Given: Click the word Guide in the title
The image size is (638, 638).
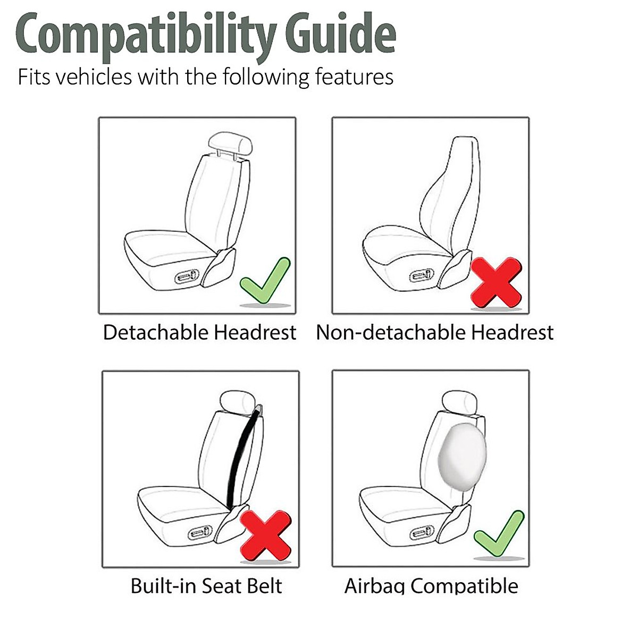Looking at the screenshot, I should [340, 35].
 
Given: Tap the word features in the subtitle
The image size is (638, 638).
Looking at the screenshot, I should [354, 77].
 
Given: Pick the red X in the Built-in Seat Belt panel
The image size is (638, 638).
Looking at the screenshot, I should [265, 535].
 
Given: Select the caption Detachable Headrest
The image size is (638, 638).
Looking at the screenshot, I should [199, 333].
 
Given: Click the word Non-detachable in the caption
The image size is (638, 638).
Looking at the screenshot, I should [391, 333].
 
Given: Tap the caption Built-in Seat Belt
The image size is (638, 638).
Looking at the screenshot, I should [206, 586].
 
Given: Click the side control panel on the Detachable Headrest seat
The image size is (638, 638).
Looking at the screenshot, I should [186, 276].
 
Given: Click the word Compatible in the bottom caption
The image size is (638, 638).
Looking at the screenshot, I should [464, 586].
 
